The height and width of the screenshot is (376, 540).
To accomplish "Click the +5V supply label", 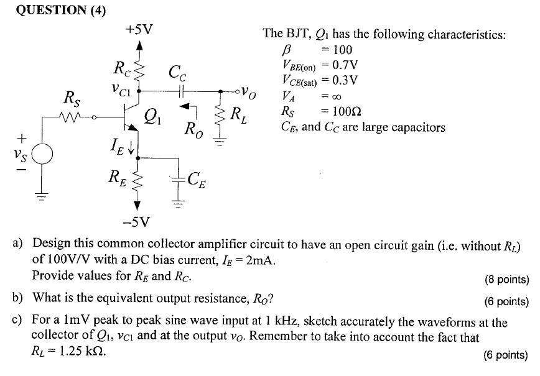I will coord(139,29).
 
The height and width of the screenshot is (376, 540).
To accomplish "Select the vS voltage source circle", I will coord(42,154).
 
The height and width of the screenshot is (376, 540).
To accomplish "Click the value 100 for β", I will coord(342,50).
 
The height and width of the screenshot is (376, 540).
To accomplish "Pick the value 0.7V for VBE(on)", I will coord(345,65).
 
